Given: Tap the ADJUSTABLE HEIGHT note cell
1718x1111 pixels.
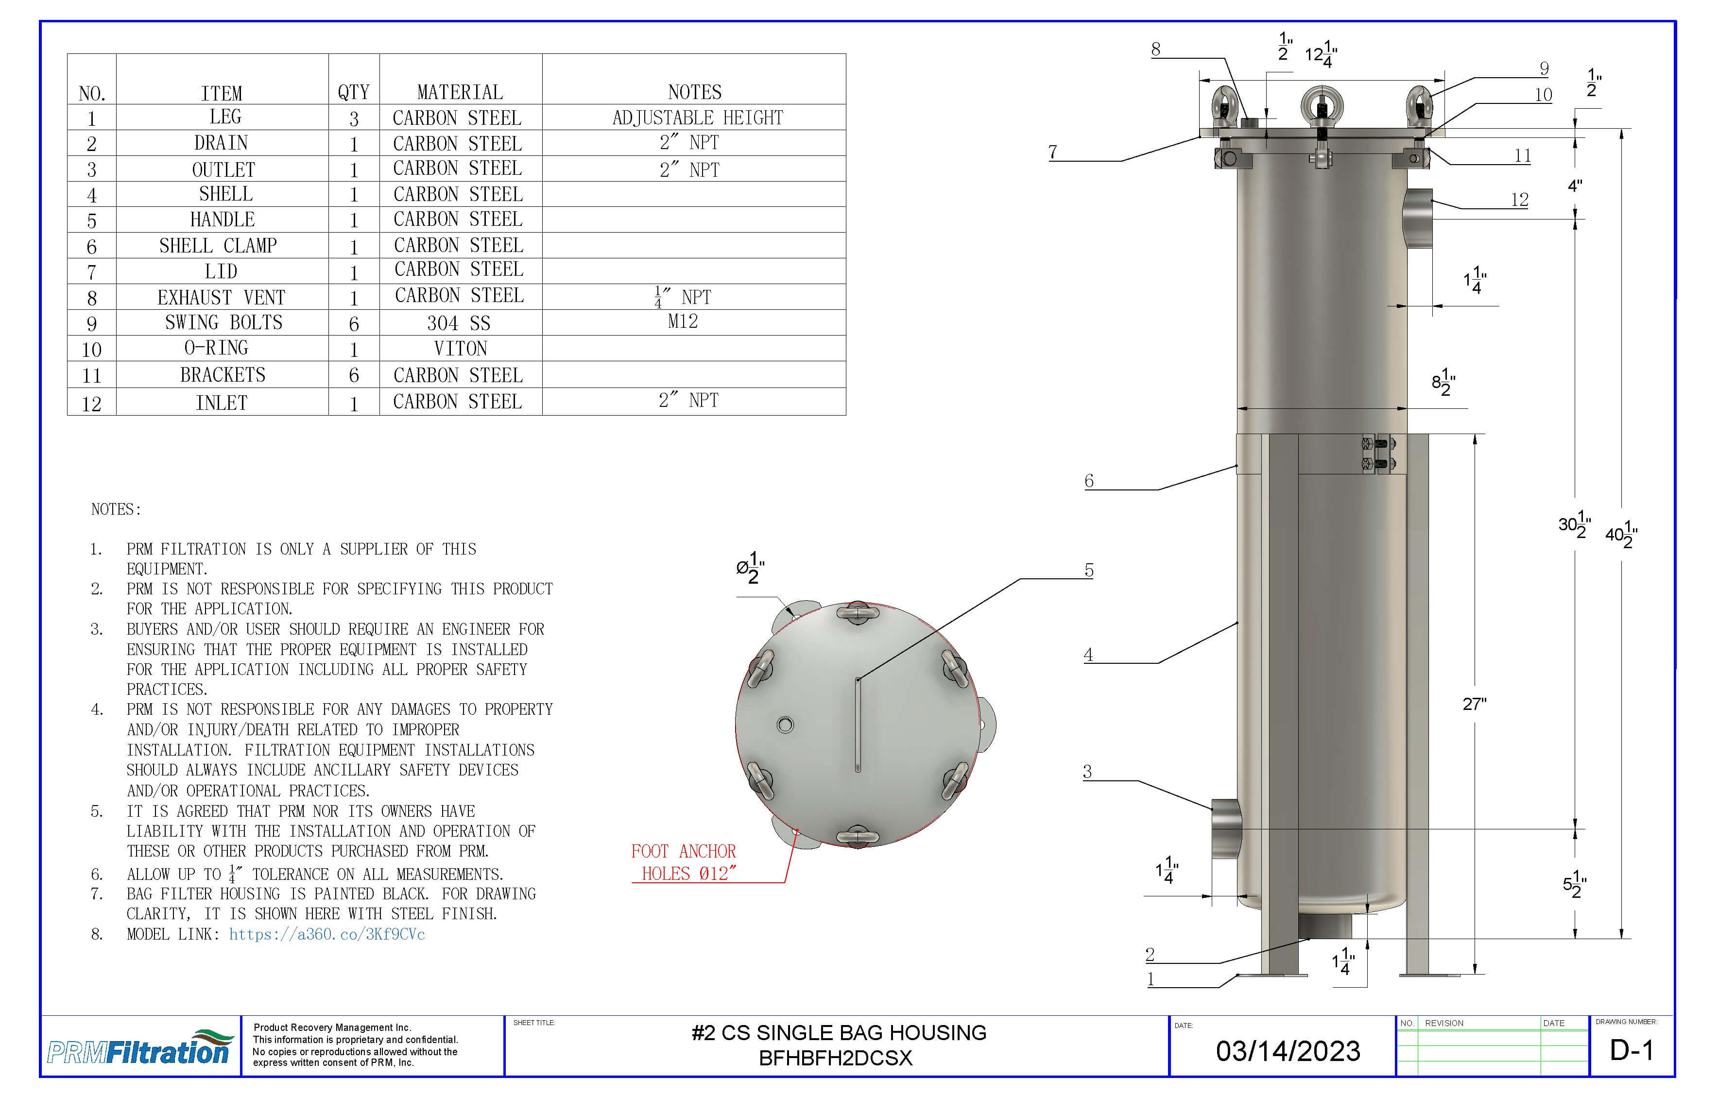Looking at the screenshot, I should pos(697,118).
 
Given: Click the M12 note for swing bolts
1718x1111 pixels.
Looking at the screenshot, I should pos(682,322).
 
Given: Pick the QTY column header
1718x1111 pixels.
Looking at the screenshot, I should pos(353,92).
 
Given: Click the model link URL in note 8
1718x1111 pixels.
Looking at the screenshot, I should pos(326,934).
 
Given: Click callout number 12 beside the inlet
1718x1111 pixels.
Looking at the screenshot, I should pos(1519,200).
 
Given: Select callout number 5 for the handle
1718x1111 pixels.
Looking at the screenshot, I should pos(1088,571).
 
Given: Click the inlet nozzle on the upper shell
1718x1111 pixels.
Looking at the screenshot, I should pos(1418,218).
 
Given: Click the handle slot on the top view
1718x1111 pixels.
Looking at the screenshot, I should pos(858,725).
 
